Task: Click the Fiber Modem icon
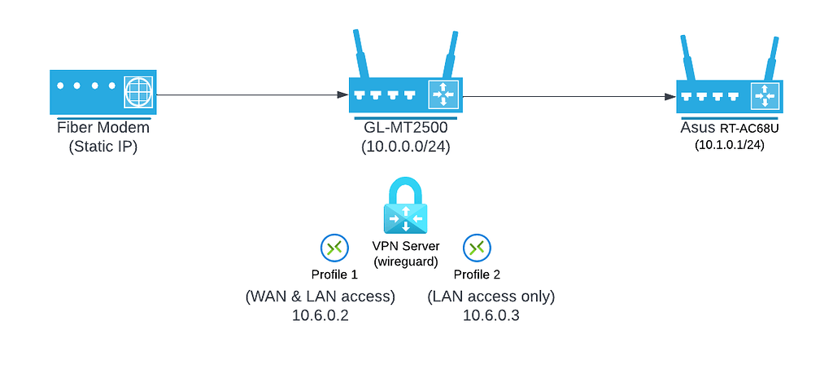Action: pos(102,92)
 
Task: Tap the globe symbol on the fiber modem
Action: pos(137,92)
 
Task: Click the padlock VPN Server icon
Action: pos(405,207)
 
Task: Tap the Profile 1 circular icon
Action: pos(334,248)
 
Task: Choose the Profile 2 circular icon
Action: pos(476,248)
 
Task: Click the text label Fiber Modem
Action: pos(102,128)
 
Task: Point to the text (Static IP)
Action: pos(102,147)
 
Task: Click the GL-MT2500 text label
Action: pos(405,129)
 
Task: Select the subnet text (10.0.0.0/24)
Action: pos(405,147)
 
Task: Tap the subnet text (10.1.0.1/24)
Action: pos(729,145)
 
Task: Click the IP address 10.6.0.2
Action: pos(320,316)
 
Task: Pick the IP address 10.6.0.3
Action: pos(491,316)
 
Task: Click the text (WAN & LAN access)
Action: pos(320,297)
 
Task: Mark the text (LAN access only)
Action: pos(491,297)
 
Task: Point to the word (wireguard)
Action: pos(405,262)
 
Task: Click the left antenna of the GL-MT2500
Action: pos(361,54)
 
